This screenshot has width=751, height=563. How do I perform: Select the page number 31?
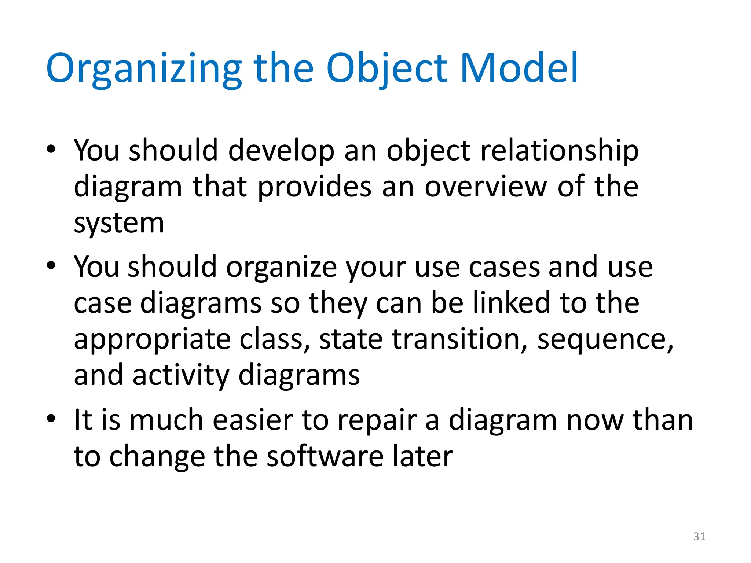pos(699,537)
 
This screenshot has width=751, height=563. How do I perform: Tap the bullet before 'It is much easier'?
pos(51,418)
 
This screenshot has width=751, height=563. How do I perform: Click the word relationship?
pos(559,151)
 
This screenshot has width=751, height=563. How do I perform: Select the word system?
pos(119,224)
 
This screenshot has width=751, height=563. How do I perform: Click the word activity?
pos(180,375)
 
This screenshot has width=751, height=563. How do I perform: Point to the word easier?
pos(253,420)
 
